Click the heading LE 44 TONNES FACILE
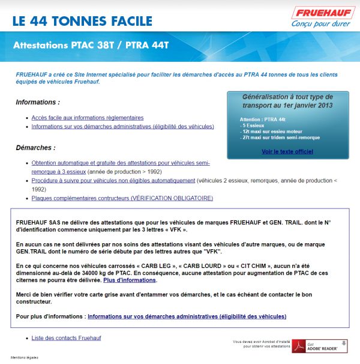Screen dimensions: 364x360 (x=82, y=22)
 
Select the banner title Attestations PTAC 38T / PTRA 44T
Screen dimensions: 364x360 (x=91, y=45)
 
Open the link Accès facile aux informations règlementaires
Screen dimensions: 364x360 (x=88, y=118)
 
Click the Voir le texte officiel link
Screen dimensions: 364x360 (x=287, y=151)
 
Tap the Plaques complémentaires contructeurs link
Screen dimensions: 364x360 (x=122, y=198)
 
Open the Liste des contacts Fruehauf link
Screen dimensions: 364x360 (x=66, y=338)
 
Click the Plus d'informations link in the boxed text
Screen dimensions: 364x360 (x=130, y=280)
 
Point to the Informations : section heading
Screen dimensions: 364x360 (x=38, y=102)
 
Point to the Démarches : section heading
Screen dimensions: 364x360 (x=35, y=147)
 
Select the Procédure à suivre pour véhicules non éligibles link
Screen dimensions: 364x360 (x=113, y=180)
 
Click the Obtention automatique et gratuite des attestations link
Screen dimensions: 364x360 (x=120, y=163)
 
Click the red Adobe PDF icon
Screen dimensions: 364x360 (x=299, y=347)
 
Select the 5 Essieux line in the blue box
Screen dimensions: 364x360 (x=255, y=126)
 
